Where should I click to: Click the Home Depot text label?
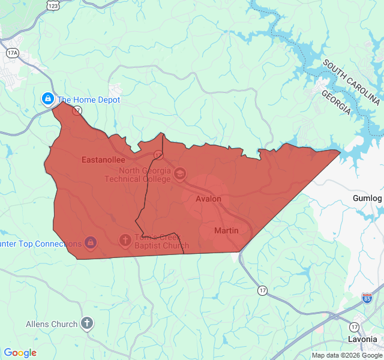click(88, 100)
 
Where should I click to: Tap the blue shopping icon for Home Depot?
click(47, 98)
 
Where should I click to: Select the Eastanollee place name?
click(103, 160)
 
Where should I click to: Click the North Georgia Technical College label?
click(137, 174)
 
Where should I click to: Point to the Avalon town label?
click(208, 199)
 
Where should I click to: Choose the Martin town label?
click(226, 230)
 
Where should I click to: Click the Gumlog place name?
click(367, 198)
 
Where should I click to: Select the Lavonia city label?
click(362, 339)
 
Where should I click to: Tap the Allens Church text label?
click(52, 324)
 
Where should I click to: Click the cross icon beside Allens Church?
click(87, 324)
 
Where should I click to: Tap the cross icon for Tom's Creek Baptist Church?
click(125, 241)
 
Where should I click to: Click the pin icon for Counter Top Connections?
click(90, 242)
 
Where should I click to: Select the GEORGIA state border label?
click(335, 103)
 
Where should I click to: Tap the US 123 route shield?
click(53, 5)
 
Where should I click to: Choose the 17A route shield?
click(13, 53)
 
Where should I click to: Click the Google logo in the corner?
click(20, 353)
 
